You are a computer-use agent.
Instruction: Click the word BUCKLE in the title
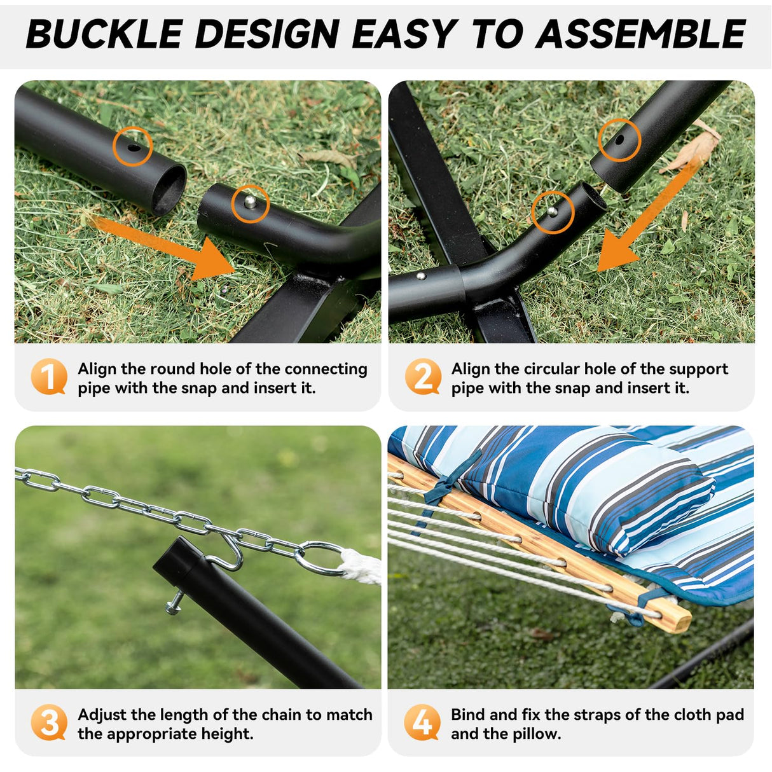coord(104,34)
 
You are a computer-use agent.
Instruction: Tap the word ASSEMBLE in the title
coord(640,34)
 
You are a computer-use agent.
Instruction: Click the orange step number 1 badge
coord(48,376)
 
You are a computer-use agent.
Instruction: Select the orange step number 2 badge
coord(423,376)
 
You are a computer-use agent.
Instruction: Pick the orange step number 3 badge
coord(49,722)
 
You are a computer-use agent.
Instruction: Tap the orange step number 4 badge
coord(422,722)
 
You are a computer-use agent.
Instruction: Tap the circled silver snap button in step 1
coord(251,203)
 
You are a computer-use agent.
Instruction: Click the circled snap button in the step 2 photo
coord(553,211)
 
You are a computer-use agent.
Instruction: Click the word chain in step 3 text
coord(280,715)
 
